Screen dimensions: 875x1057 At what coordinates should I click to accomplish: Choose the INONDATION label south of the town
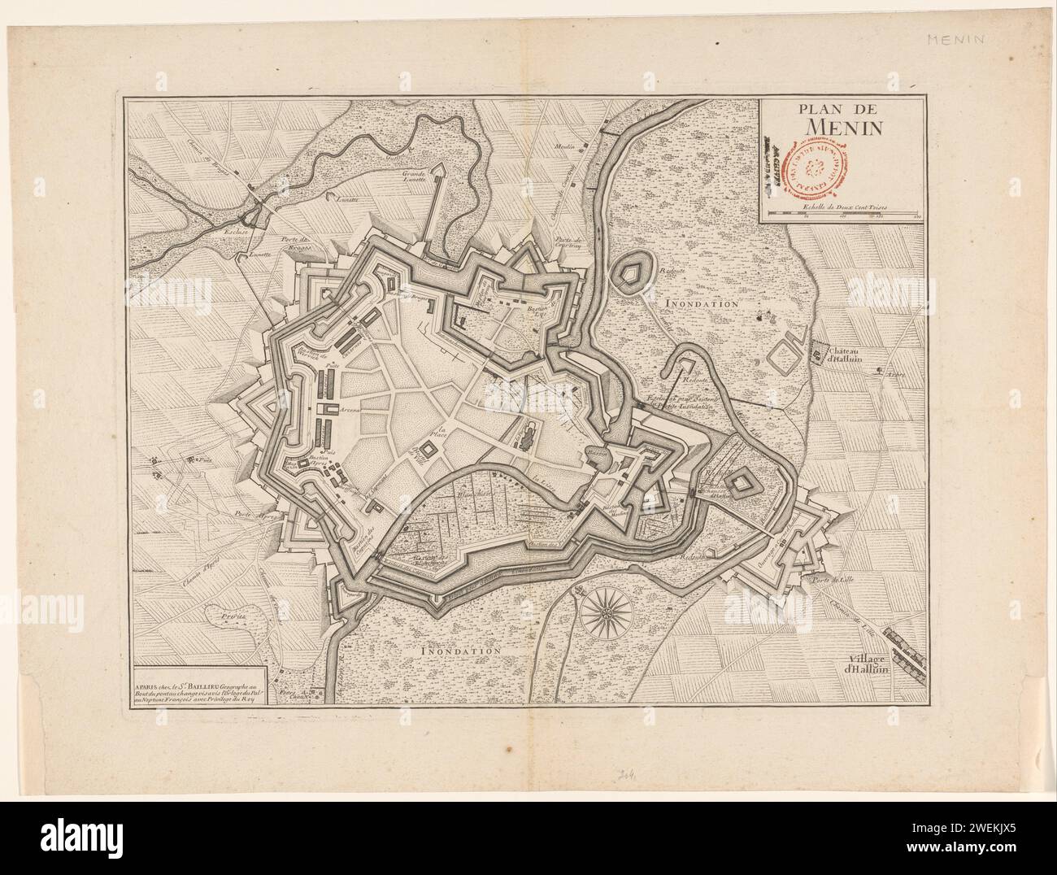[x=461, y=651]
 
